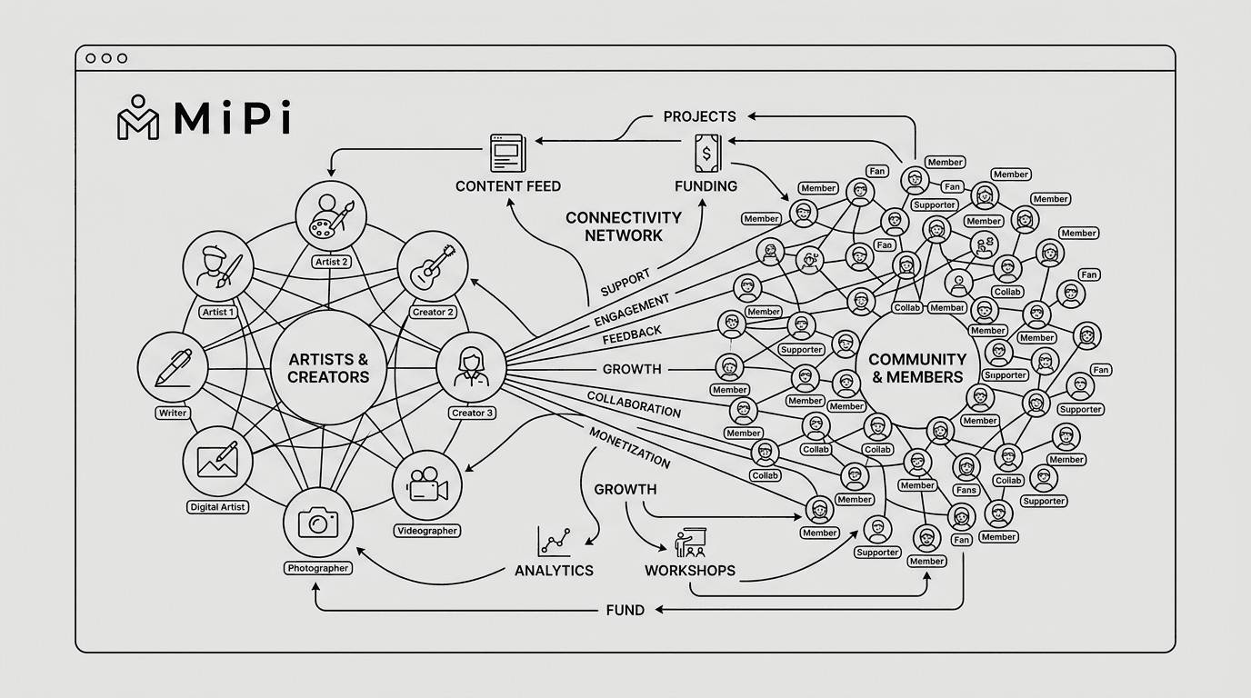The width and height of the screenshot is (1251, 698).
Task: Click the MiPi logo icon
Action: point(138,117)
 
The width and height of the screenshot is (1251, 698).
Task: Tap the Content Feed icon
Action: point(507,152)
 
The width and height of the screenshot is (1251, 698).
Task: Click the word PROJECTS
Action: point(699,116)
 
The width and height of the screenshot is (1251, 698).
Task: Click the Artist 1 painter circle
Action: point(218,265)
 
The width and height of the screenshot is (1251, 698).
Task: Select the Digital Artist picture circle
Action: point(218,460)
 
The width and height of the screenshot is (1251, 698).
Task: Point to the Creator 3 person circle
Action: point(471,367)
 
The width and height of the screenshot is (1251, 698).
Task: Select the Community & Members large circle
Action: point(917,368)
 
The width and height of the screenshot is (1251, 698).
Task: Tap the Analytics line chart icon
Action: point(554,542)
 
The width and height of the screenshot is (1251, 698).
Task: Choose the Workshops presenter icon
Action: point(690,545)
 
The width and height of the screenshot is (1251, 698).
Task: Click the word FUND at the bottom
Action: point(625,610)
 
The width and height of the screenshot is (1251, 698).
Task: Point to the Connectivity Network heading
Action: point(623,226)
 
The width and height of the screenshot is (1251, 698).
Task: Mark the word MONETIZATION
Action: point(629,447)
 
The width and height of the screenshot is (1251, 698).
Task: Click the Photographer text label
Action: point(318,568)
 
